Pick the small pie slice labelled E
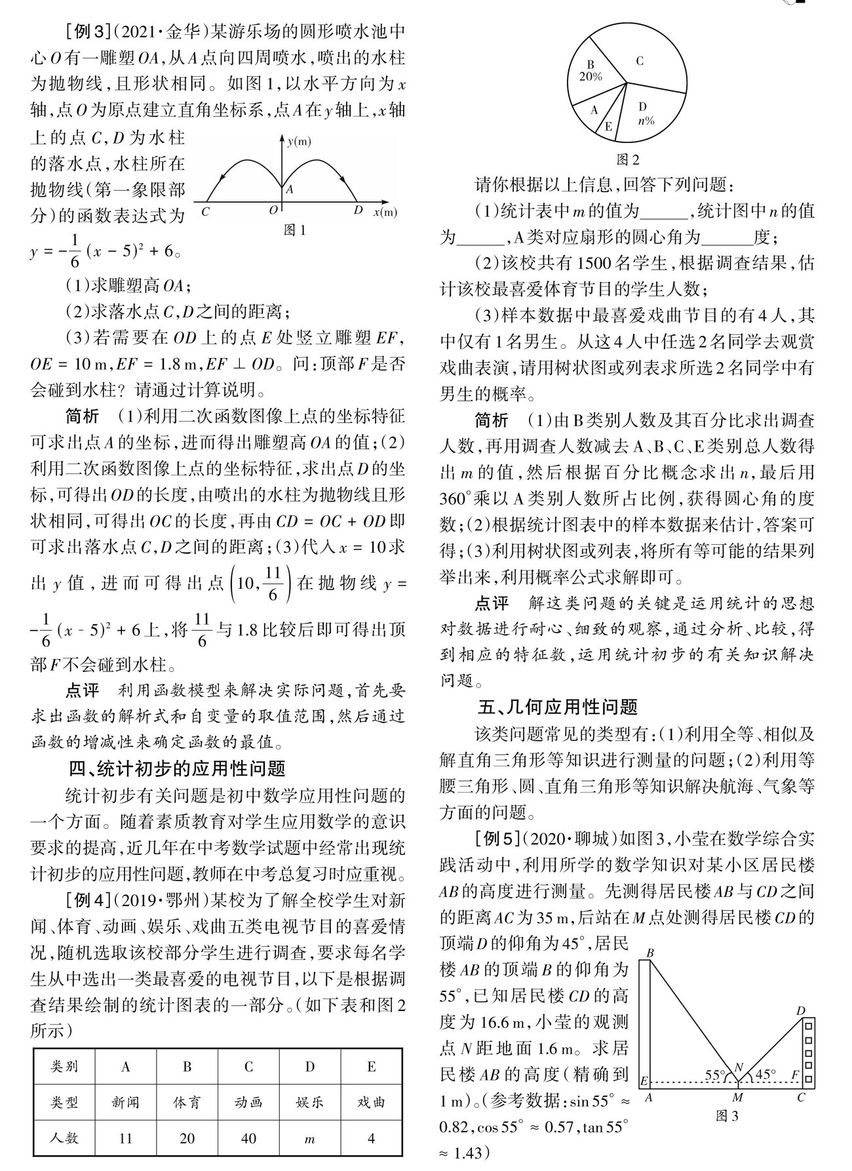(609, 125)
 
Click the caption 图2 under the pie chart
(628, 159)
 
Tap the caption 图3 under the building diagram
(727, 1115)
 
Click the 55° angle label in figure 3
(715, 1075)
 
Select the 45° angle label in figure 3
(765, 1075)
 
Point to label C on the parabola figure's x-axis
(206, 211)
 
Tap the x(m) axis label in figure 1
(385, 212)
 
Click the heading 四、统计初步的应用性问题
(178, 768)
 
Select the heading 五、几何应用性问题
(558, 707)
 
